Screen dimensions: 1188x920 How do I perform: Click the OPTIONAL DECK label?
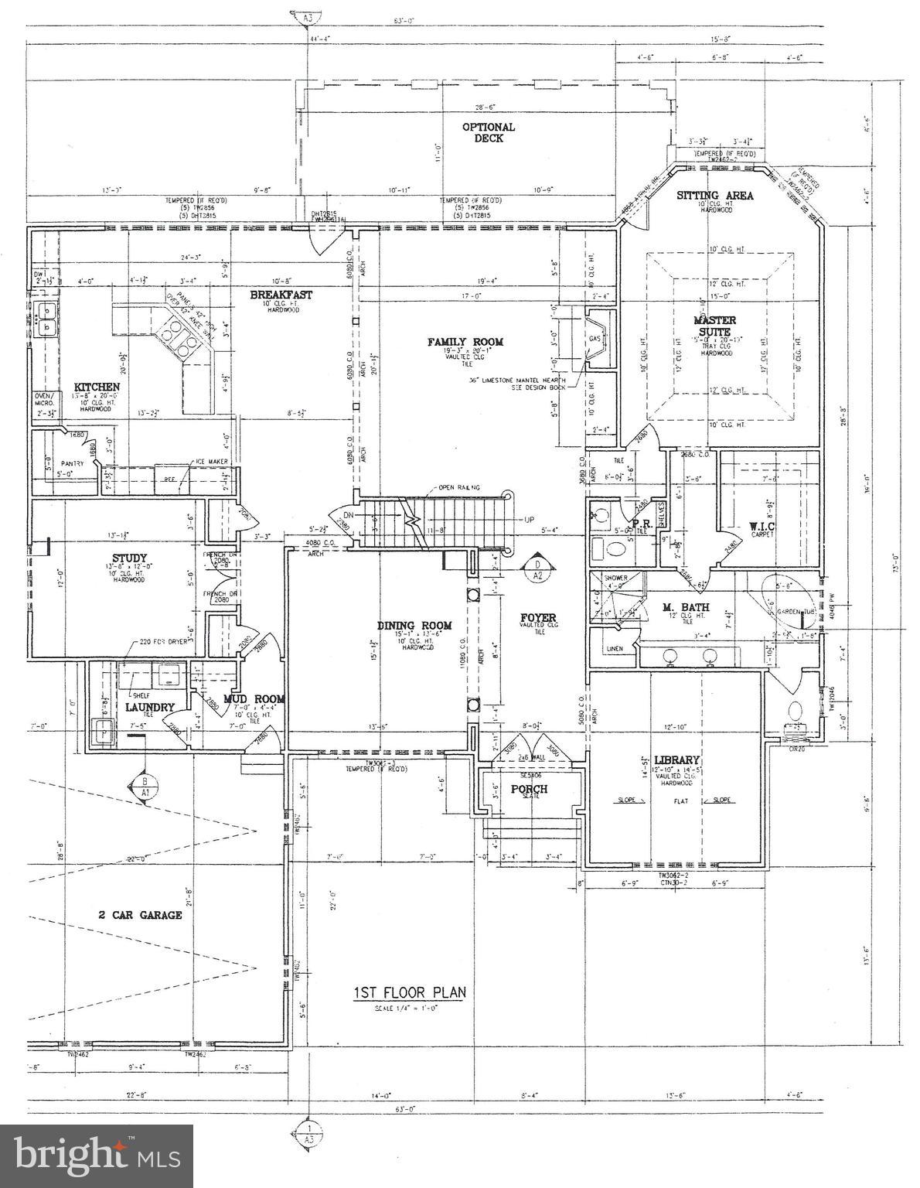pyautogui.click(x=489, y=132)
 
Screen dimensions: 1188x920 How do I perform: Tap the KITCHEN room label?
pyautogui.click(x=97, y=387)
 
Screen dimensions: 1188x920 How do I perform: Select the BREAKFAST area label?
pyautogui.click(x=281, y=295)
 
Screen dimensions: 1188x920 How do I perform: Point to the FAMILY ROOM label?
pyautogui.click(x=465, y=342)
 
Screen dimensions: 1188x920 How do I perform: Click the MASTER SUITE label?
pyautogui.click(x=714, y=326)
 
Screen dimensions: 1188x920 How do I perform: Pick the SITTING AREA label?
pyautogui.click(x=714, y=196)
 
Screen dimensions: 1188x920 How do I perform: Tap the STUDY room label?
pyautogui.click(x=128, y=558)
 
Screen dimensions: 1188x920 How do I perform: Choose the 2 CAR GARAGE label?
pyautogui.click(x=140, y=915)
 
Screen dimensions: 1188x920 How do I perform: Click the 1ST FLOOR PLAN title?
pyautogui.click(x=410, y=993)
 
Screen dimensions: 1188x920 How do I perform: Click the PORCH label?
pyautogui.click(x=529, y=789)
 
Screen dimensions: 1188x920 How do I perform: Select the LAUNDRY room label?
pyautogui.click(x=149, y=706)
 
